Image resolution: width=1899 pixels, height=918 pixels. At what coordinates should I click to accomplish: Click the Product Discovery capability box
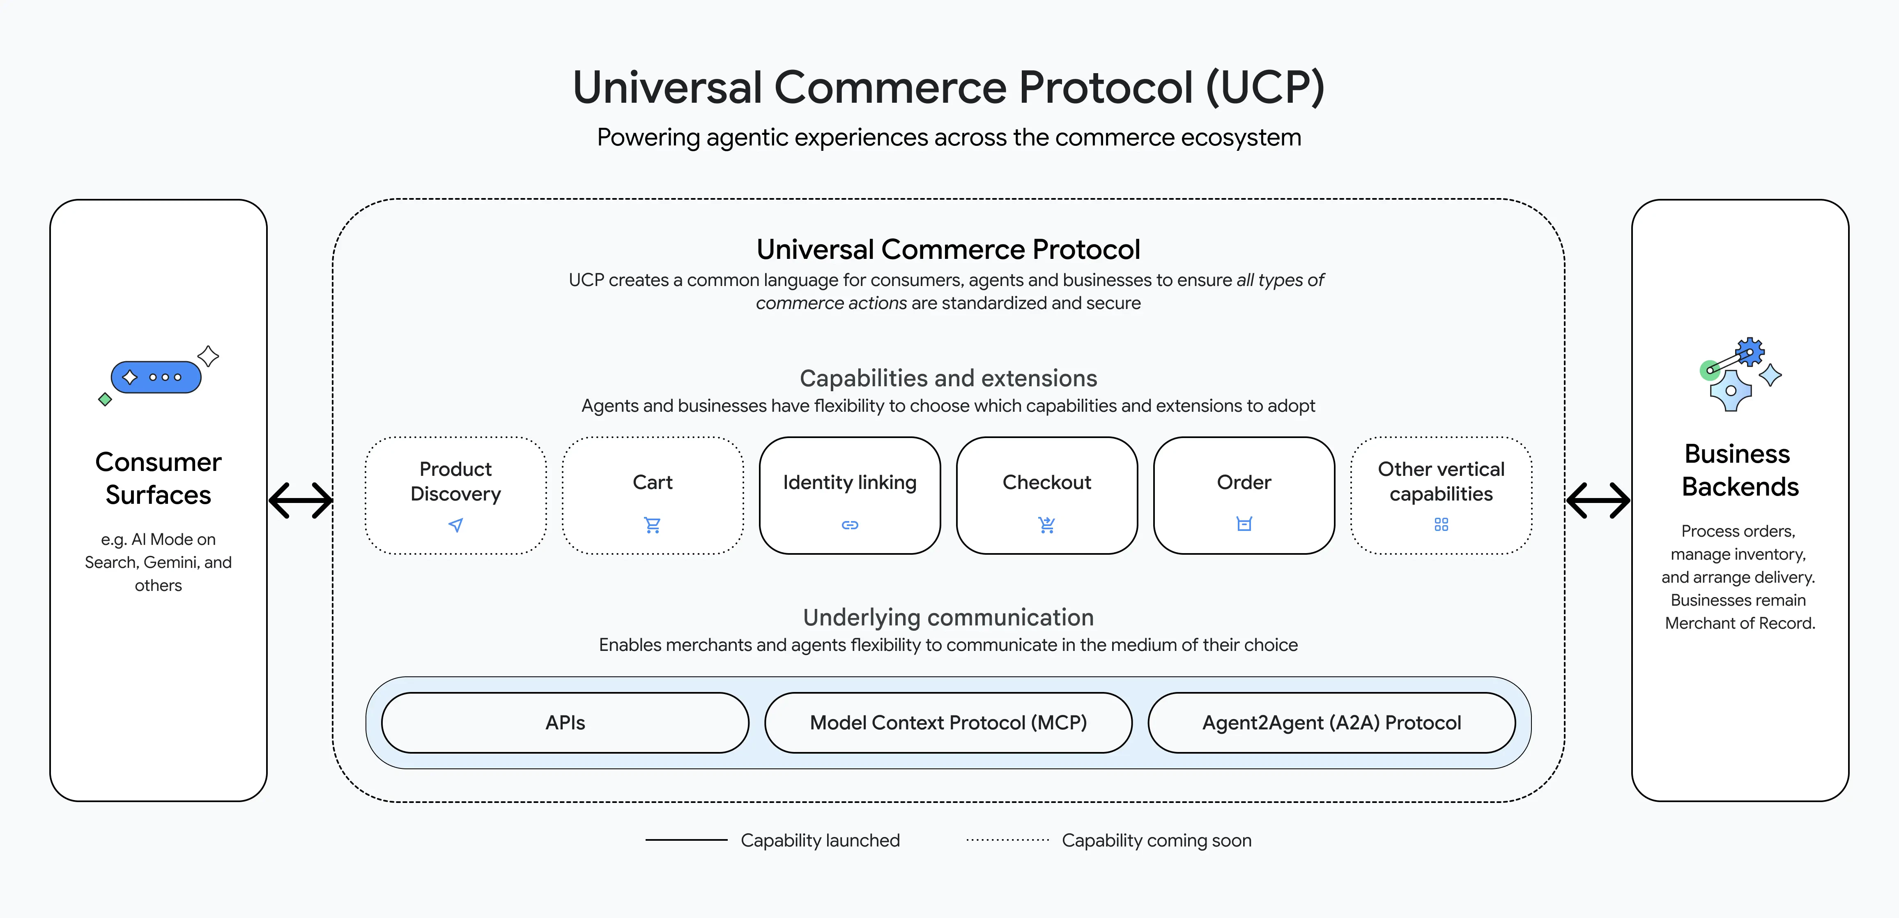click(x=455, y=495)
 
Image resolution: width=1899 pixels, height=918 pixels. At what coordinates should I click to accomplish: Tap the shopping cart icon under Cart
click(x=653, y=525)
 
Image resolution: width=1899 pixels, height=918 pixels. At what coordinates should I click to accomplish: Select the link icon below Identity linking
click(x=850, y=525)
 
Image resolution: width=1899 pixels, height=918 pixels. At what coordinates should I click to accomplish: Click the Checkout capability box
click(x=1047, y=495)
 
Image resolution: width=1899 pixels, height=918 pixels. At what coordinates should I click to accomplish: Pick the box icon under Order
click(x=1244, y=524)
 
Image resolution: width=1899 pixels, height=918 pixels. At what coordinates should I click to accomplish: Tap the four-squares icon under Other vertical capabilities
click(x=1441, y=524)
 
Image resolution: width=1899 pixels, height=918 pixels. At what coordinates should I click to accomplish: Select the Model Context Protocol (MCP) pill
click(x=948, y=722)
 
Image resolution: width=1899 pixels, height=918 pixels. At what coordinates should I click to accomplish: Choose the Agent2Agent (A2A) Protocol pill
click(x=1331, y=722)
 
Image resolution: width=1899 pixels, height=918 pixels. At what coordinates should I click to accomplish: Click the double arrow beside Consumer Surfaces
click(x=301, y=501)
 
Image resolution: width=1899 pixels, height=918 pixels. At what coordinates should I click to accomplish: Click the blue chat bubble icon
click(x=156, y=377)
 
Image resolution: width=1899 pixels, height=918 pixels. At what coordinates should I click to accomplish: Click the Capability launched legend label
click(x=820, y=841)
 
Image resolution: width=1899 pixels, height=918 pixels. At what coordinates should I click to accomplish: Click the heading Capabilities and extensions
click(x=948, y=378)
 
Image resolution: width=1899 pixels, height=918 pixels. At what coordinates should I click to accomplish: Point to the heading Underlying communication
click(x=948, y=617)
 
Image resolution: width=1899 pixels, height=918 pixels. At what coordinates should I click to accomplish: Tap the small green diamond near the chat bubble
click(x=105, y=400)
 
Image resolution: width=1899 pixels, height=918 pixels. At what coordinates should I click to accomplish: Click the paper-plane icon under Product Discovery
click(x=455, y=525)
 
